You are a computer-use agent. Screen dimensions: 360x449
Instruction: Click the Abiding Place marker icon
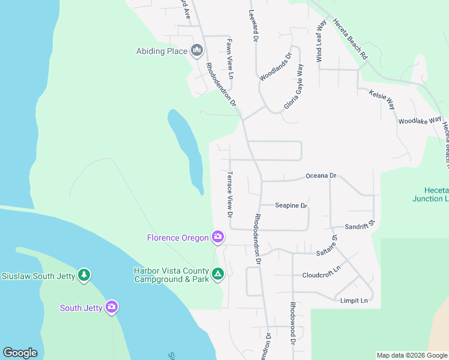[196, 50]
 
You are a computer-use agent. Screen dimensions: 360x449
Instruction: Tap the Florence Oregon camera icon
[218, 237]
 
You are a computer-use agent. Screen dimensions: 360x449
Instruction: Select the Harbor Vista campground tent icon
[218, 274]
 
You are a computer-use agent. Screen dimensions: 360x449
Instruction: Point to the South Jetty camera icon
[112, 307]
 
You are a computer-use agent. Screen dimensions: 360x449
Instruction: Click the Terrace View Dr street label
[229, 194]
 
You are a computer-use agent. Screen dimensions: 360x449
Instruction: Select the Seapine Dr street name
[291, 205]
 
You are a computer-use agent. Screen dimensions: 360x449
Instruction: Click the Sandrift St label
[360, 226]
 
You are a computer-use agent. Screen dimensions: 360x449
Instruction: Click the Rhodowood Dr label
[293, 323]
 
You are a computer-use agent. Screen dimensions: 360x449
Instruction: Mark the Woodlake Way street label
[420, 121]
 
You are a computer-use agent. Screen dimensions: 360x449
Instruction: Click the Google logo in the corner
[20, 353]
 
